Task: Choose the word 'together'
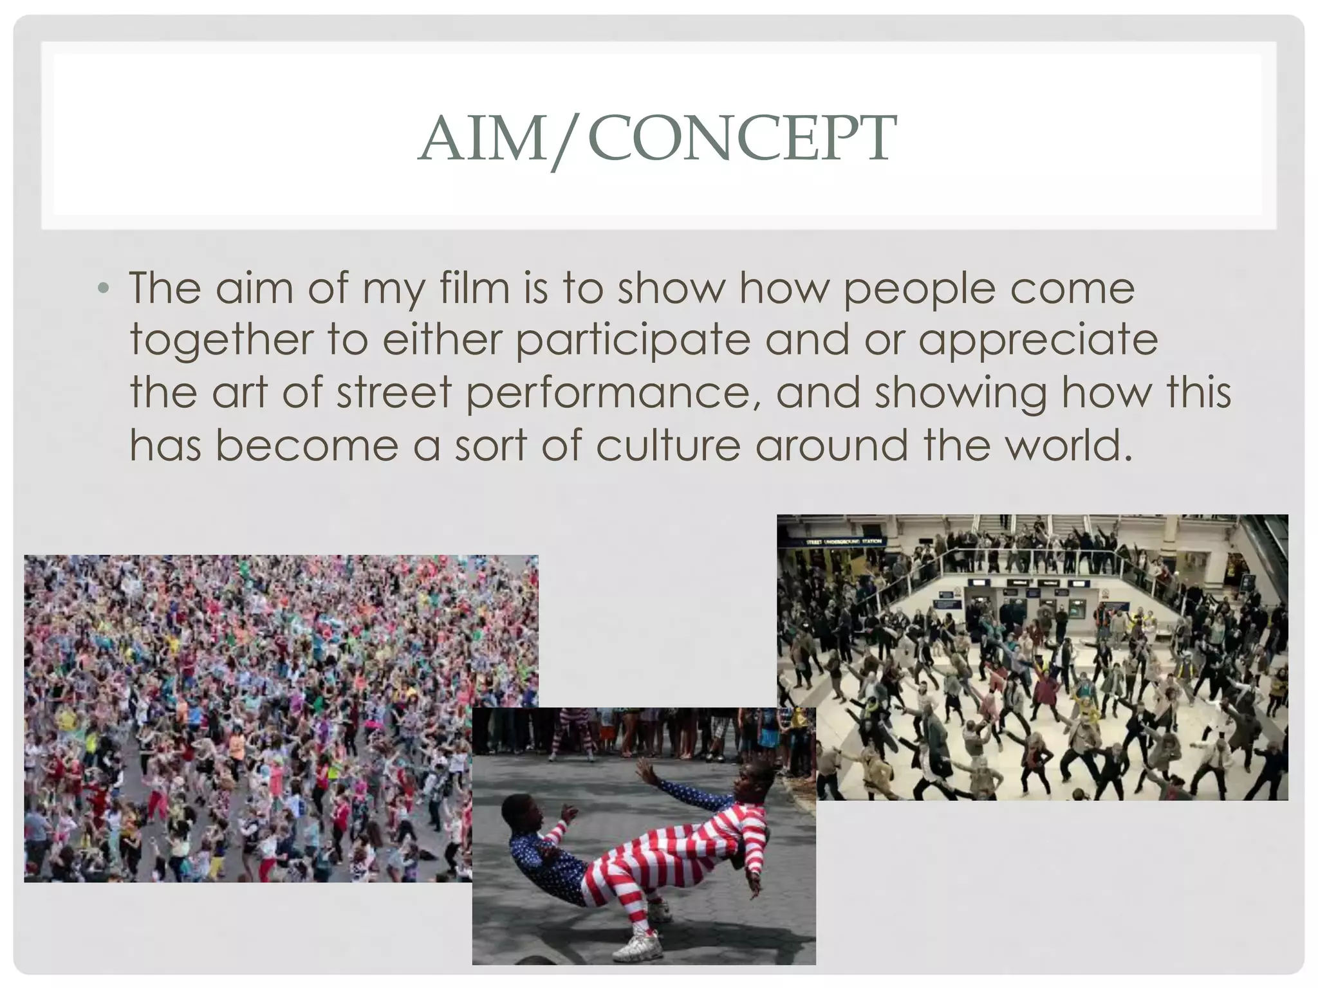pos(221,341)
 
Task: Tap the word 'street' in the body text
pos(394,392)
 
